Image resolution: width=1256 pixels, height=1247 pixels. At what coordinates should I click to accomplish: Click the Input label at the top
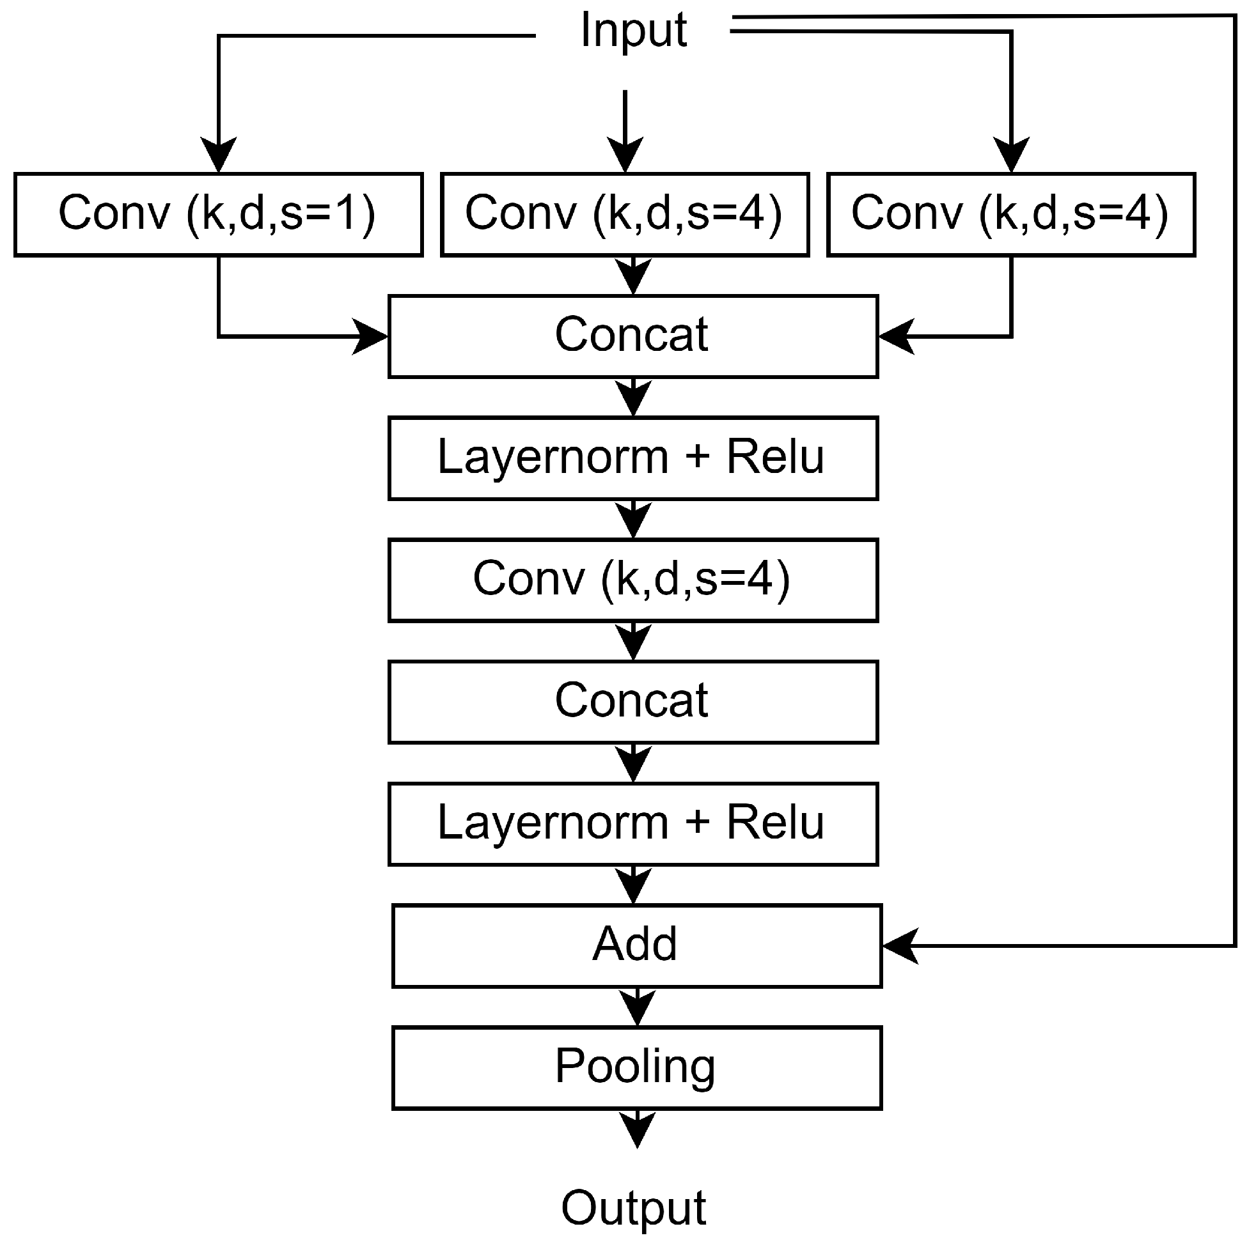click(x=633, y=30)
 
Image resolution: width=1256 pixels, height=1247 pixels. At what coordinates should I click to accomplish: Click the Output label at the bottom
click(x=633, y=1208)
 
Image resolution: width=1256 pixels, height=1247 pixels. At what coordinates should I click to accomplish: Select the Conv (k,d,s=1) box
click(x=219, y=215)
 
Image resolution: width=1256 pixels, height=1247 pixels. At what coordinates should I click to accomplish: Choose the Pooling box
click(x=636, y=1067)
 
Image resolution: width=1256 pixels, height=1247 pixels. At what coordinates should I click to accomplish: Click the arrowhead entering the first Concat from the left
click(x=370, y=336)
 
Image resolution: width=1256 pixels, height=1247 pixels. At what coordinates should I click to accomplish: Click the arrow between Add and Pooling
click(x=637, y=1007)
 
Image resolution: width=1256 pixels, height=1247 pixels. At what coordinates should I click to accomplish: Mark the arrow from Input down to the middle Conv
click(x=625, y=130)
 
